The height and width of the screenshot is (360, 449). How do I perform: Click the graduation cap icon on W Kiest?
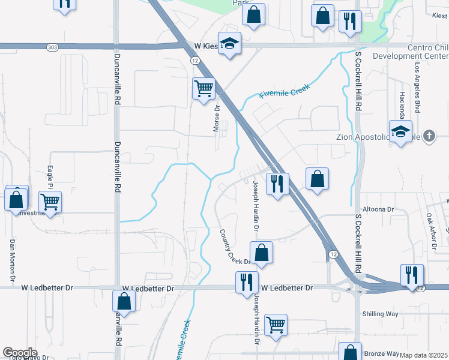pyautogui.click(x=229, y=43)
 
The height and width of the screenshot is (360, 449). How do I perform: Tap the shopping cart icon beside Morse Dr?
pyautogui.click(x=203, y=88)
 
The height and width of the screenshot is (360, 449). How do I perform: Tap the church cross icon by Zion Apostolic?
pyautogui.click(x=429, y=136)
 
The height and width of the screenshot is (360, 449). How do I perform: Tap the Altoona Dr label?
pyautogui.click(x=382, y=209)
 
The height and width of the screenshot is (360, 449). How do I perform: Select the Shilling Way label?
pyautogui.click(x=381, y=314)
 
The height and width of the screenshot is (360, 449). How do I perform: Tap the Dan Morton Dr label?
pyautogui.click(x=11, y=261)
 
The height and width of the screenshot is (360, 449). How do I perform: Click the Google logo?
pyautogui.click(x=20, y=353)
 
